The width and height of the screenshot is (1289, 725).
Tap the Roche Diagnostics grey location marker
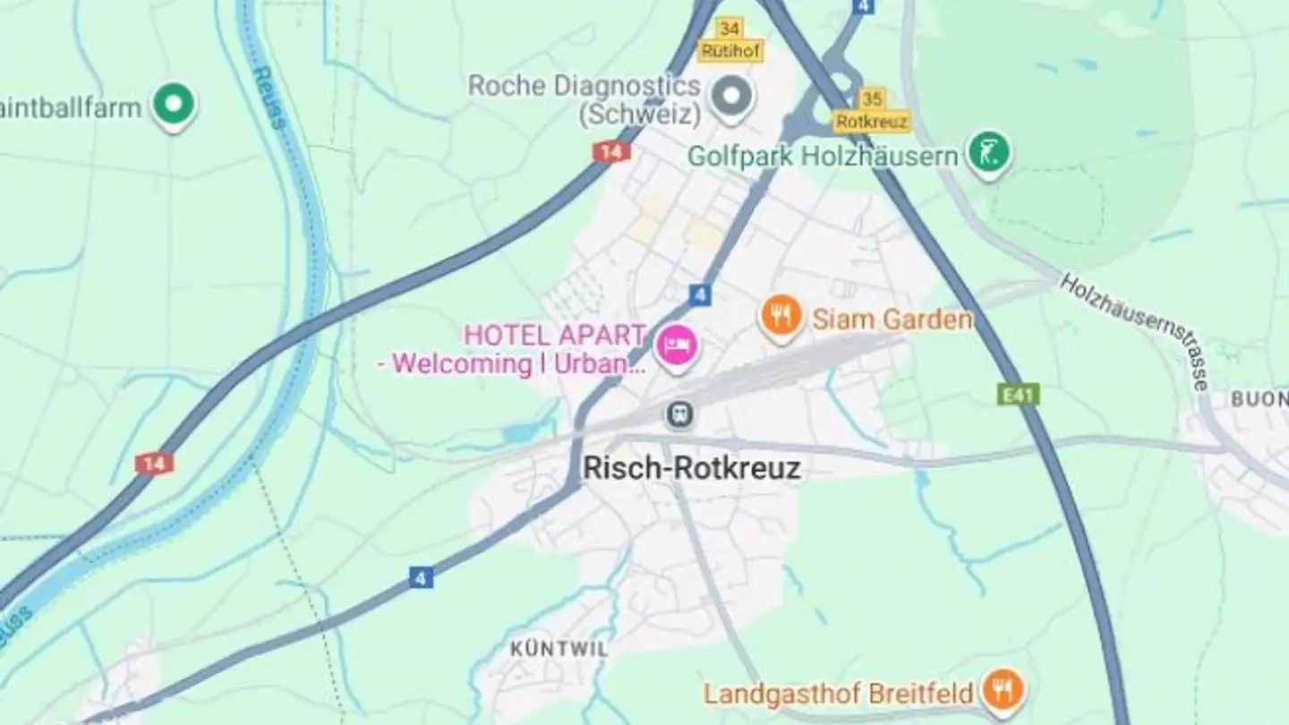(x=732, y=93)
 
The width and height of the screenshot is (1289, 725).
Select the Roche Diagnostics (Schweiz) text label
(x=585, y=100)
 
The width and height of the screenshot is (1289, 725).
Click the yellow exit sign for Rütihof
(x=730, y=41)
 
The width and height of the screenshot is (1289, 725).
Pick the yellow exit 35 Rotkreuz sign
(x=871, y=110)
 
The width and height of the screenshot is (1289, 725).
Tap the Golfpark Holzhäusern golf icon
(x=988, y=151)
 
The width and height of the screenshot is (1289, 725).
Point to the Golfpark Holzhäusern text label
(x=822, y=157)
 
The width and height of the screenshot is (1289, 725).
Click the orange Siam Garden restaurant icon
(x=781, y=316)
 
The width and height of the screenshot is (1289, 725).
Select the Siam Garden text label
(x=892, y=320)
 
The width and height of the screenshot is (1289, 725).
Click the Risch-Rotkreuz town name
(x=691, y=468)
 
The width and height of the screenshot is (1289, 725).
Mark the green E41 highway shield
(x=1019, y=395)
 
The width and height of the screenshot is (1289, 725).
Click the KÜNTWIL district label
(x=559, y=649)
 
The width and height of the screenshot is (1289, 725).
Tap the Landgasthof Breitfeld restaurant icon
(x=1003, y=690)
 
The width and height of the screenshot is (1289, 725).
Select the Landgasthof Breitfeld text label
(x=838, y=694)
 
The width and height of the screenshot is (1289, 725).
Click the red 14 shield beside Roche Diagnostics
(x=610, y=152)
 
